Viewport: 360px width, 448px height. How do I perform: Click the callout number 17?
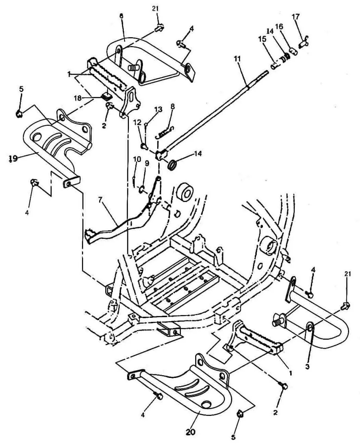tap(296, 17)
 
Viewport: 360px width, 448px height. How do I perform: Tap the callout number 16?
tap(279, 27)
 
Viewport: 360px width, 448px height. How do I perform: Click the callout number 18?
tap(78, 98)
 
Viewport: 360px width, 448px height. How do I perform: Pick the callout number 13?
tap(158, 109)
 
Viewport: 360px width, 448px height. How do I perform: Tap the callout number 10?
tap(137, 159)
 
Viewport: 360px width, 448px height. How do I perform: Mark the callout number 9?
tap(147, 163)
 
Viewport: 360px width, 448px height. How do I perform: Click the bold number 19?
tap(13, 159)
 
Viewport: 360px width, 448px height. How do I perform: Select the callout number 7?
tap(100, 200)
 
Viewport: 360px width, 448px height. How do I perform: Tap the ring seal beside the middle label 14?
tap(173, 165)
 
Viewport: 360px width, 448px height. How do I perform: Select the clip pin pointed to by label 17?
tap(304, 43)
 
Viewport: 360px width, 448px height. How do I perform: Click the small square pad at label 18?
tap(107, 96)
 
